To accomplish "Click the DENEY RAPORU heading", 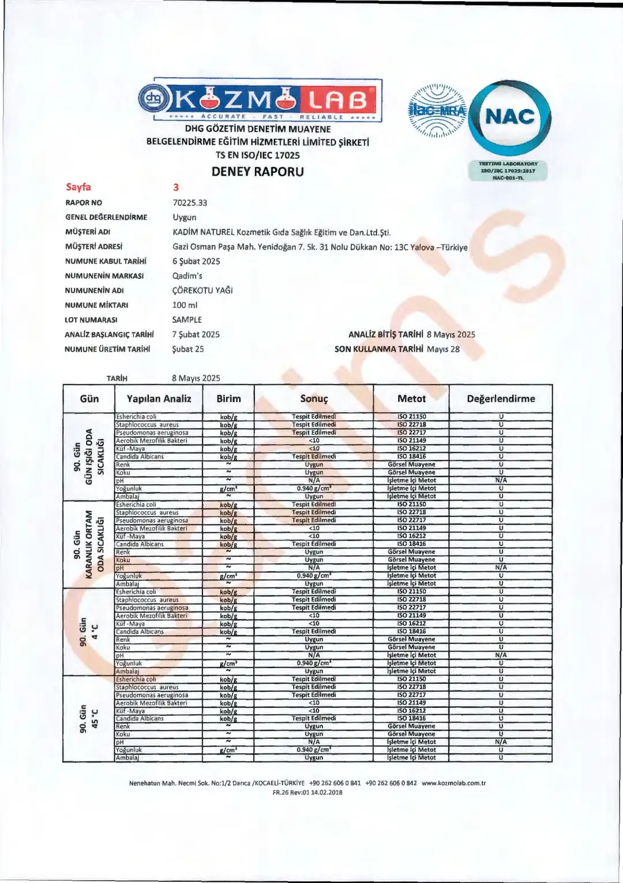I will pyautogui.click(x=258, y=171).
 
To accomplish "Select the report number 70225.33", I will pyautogui.click(x=190, y=203).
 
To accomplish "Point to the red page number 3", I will pyautogui.click(x=176, y=187).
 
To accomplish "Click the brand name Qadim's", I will pyautogui.click(x=187, y=276).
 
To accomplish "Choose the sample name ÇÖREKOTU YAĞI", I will pyautogui.click(x=202, y=290).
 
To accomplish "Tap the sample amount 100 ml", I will pyautogui.click(x=185, y=305).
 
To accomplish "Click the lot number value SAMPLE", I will pyautogui.click(x=187, y=320).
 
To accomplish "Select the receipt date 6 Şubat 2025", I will pyautogui.click(x=196, y=261).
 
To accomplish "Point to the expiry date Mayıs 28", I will pyautogui.click(x=443, y=349).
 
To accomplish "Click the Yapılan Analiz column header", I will pyautogui.click(x=159, y=398).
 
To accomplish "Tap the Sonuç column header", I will pyautogui.click(x=314, y=399).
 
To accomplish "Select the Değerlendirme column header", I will pyautogui.click(x=501, y=398).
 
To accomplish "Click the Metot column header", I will pyautogui.click(x=411, y=398).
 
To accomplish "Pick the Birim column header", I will pyautogui.click(x=228, y=398).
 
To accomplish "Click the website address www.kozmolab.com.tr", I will pyautogui.click(x=453, y=783).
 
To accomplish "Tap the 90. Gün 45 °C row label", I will pyautogui.click(x=89, y=718).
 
